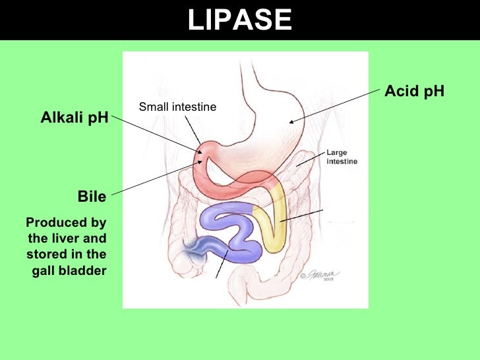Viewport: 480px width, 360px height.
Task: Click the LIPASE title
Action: (239, 20)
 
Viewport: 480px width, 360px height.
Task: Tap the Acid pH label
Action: (414, 91)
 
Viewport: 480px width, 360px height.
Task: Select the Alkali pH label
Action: (75, 119)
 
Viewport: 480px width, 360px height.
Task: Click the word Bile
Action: (92, 196)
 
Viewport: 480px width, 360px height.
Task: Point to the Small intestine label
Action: (177, 107)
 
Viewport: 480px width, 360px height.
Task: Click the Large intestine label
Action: (342, 157)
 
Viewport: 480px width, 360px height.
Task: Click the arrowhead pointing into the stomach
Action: (291, 121)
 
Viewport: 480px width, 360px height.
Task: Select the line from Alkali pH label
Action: (155, 135)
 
